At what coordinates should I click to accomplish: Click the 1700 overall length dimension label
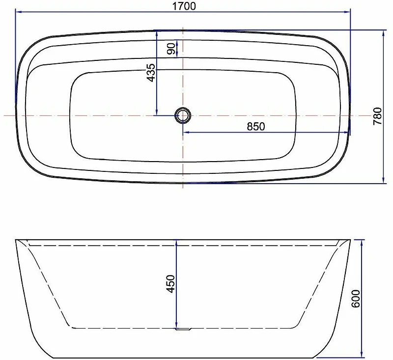[184, 6]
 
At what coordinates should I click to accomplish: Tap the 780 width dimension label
[377, 116]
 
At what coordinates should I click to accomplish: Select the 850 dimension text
[255, 127]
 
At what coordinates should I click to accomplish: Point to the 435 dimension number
[151, 73]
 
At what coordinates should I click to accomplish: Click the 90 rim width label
[171, 49]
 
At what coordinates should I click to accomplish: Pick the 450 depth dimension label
[170, 284]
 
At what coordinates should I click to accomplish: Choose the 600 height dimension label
[356, 299]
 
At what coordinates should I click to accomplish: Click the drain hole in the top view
[183, 115]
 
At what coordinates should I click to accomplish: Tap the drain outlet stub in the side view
[183, 329]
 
